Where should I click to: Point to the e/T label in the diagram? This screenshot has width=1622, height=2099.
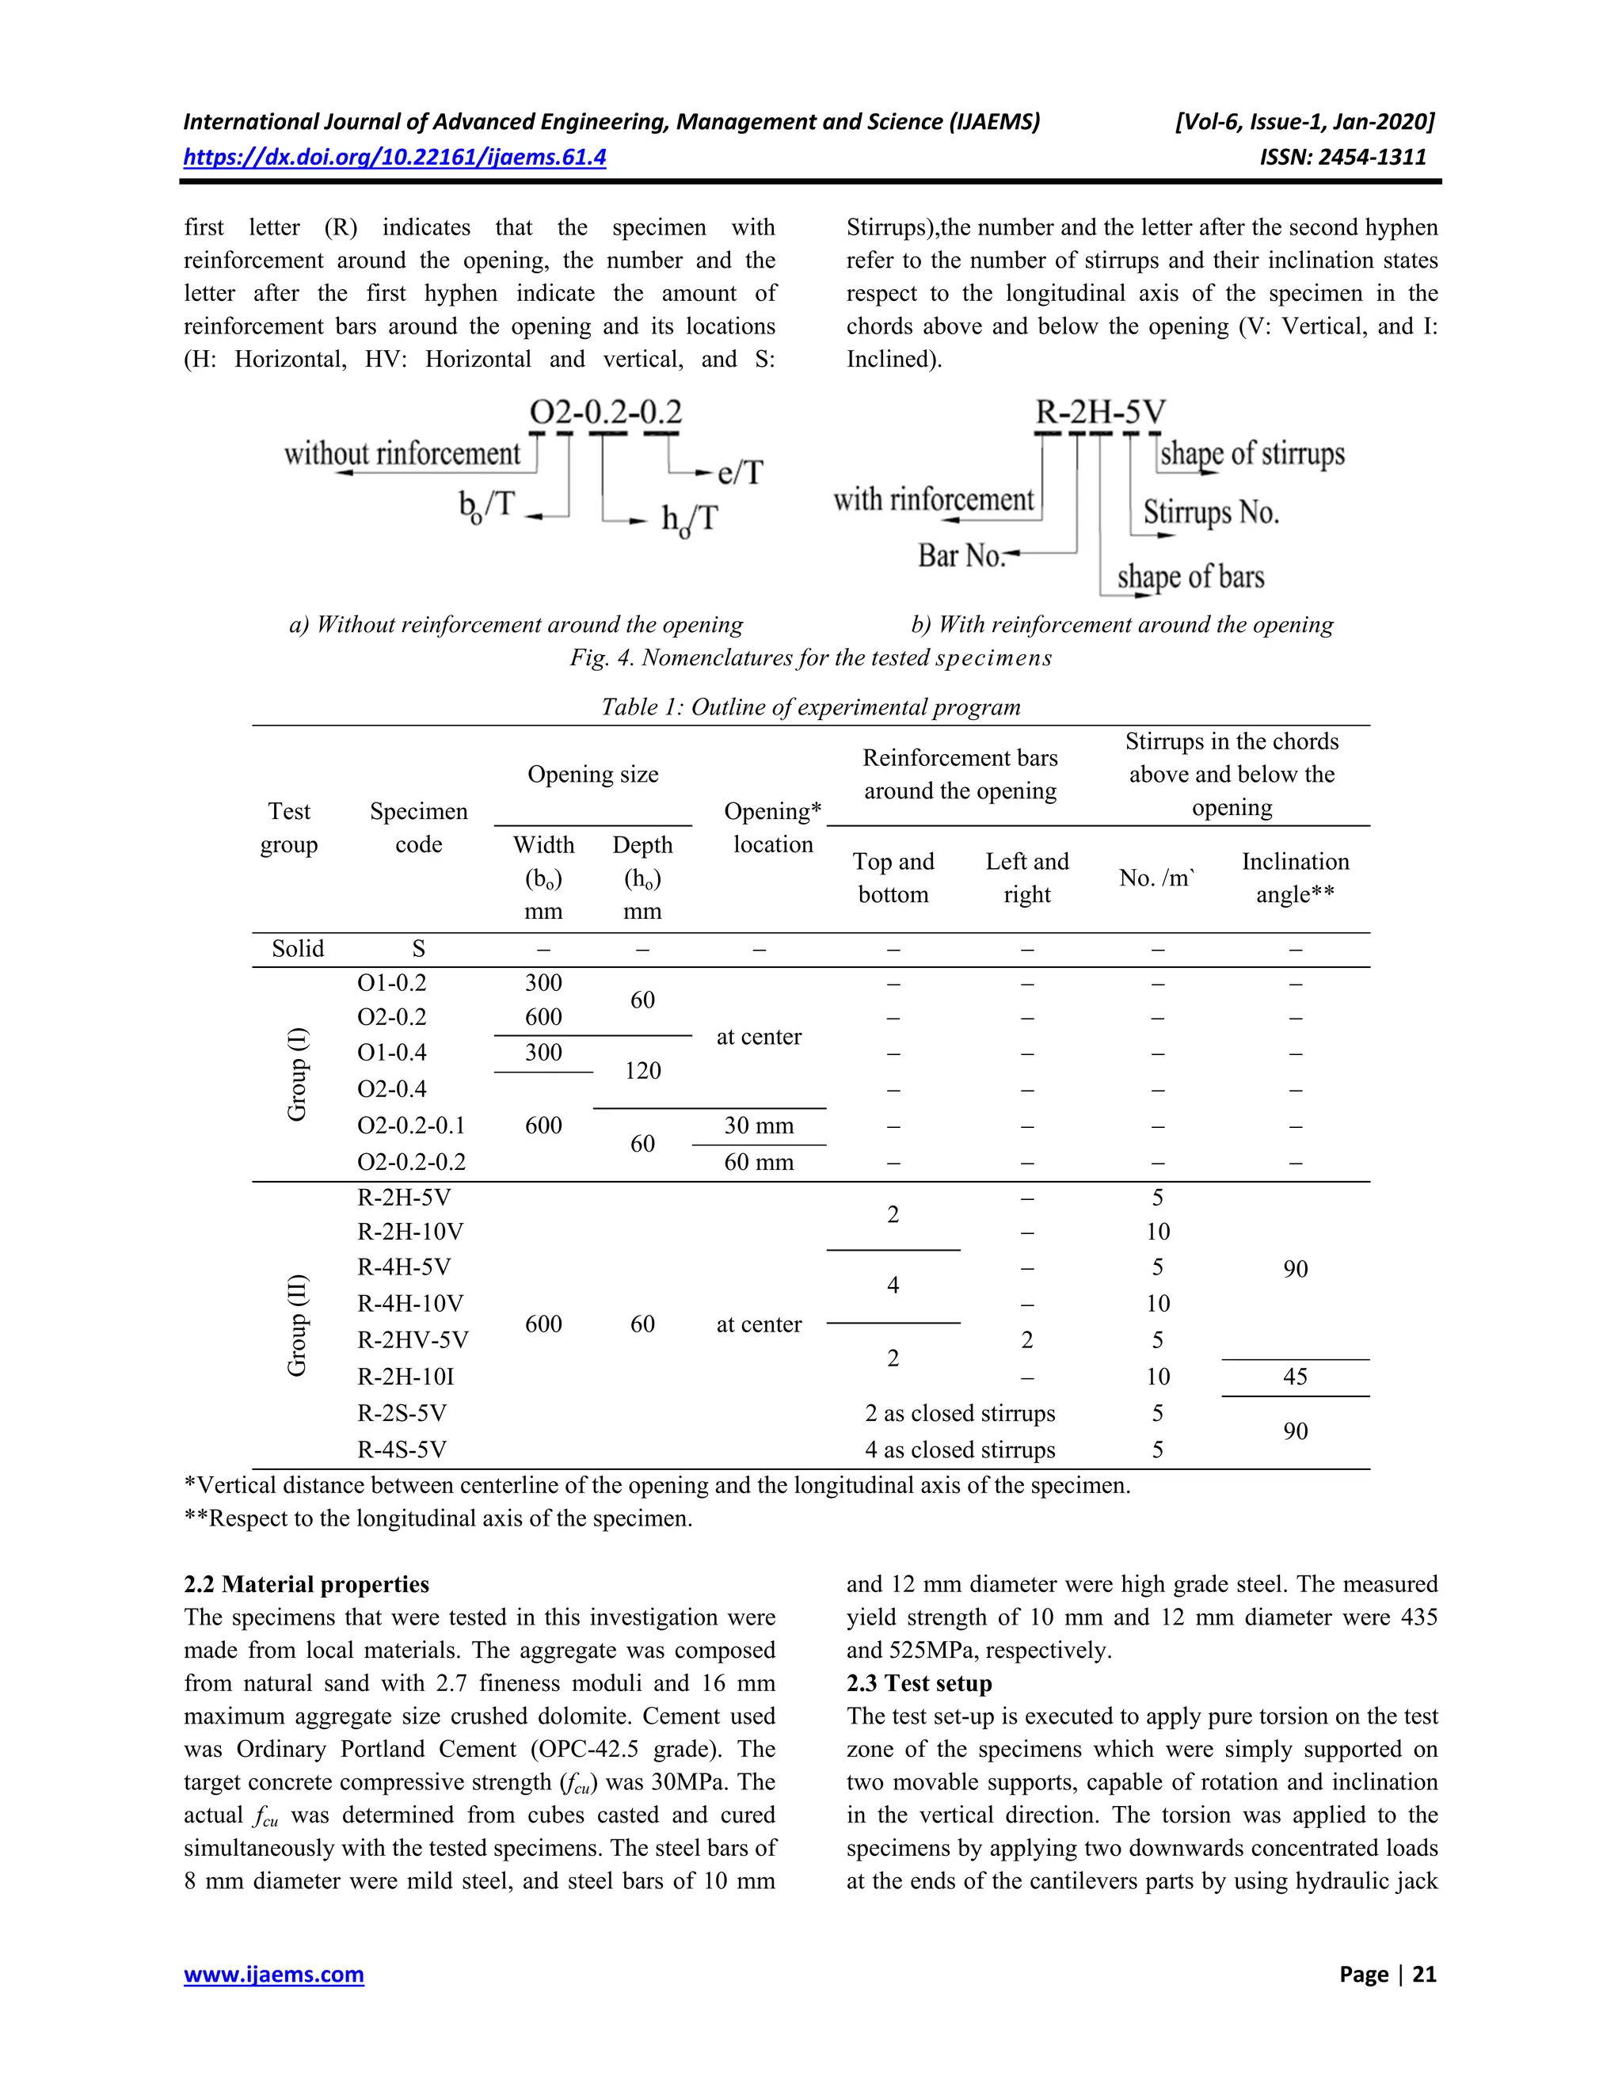tap(740, 472)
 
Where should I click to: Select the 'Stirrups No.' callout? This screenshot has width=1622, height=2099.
tap(1211, 512)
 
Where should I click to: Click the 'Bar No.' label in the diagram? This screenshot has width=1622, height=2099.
tap(961, 554)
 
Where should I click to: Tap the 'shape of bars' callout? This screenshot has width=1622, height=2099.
tap(1190, 577)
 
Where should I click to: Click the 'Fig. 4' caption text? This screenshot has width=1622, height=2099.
tap(810, 657)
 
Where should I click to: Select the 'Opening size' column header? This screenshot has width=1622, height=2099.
tap(593, 774)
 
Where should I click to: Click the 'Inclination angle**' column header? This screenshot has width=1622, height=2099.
tap(1294, 878)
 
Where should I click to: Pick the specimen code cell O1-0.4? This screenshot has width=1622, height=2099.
tap(392, 1053)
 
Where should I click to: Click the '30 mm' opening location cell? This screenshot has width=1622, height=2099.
tap(758, 1126)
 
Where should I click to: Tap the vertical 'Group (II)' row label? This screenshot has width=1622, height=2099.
tap(297, 1324)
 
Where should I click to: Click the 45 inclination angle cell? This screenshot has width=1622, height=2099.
tap(1294, 1377)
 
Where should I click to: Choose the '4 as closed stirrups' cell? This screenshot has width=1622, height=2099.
tap(959, 1449)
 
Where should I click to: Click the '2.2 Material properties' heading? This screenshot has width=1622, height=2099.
tap(307, 1584)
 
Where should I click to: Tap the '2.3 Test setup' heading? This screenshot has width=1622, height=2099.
tap(919, 1683)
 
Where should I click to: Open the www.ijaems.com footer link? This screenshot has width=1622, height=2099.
tap(274, 1974)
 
